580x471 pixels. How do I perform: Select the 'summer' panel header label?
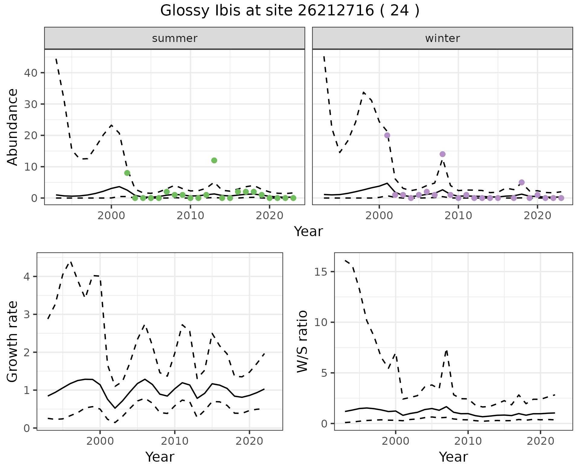[x=175, y=38]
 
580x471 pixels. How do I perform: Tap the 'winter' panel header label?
[x=442, y=38]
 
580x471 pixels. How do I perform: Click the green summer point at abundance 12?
[x=214, y=160]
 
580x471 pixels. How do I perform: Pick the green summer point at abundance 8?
[x=127, y=173]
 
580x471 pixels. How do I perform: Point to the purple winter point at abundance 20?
[x=387, y=135]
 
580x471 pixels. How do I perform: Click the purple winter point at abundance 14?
[x=443, y=154]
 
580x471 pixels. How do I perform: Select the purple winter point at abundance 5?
[x=522, y=182]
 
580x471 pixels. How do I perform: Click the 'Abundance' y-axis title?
[x=13, y=127]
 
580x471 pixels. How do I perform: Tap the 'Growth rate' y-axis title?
[x=13, y=341]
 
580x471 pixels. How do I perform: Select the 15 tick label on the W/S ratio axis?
[x=321, y=272]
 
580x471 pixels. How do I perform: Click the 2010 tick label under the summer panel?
[x=190, y=216]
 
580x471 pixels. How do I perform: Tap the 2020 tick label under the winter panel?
[x=537, y=216]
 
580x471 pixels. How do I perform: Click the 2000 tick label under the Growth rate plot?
[x=100, y=441]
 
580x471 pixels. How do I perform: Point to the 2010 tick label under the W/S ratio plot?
[x=468, y=441]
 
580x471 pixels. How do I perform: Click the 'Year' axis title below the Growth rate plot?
[x=160, y=457]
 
